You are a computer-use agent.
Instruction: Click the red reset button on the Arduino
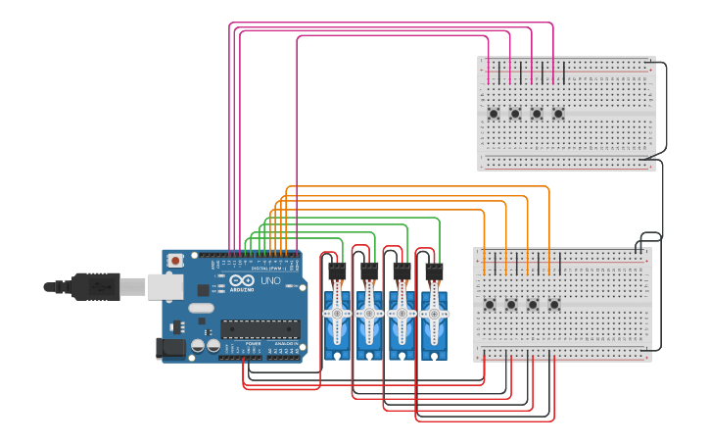click(175, 261)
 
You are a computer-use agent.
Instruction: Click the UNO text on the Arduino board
click(270, 281)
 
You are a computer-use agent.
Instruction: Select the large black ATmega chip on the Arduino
click(260, 328)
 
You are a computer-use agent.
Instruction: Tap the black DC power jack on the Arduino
click(171, 347)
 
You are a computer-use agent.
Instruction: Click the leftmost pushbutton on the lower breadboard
click(490, 305)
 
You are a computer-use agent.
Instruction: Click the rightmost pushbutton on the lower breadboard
click(554, 305)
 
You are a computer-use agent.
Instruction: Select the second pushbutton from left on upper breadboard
click(515, 114)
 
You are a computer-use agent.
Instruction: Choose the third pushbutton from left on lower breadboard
click(533, 305)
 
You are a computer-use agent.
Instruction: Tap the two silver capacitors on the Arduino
click(205, 346)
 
